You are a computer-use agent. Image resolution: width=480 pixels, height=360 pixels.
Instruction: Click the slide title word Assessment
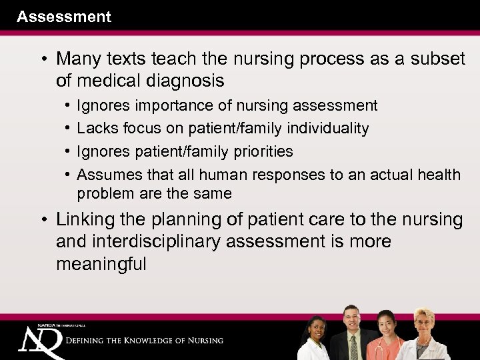click(64, 17)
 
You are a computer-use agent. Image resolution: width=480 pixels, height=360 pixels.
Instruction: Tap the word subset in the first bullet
click(437, 59)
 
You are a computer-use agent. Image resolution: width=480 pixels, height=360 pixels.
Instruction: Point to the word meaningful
click(101, 264)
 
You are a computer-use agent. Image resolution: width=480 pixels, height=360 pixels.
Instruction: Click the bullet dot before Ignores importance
click(69, 105)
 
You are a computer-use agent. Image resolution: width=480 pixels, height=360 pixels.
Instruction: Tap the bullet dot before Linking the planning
click(44, 219)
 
